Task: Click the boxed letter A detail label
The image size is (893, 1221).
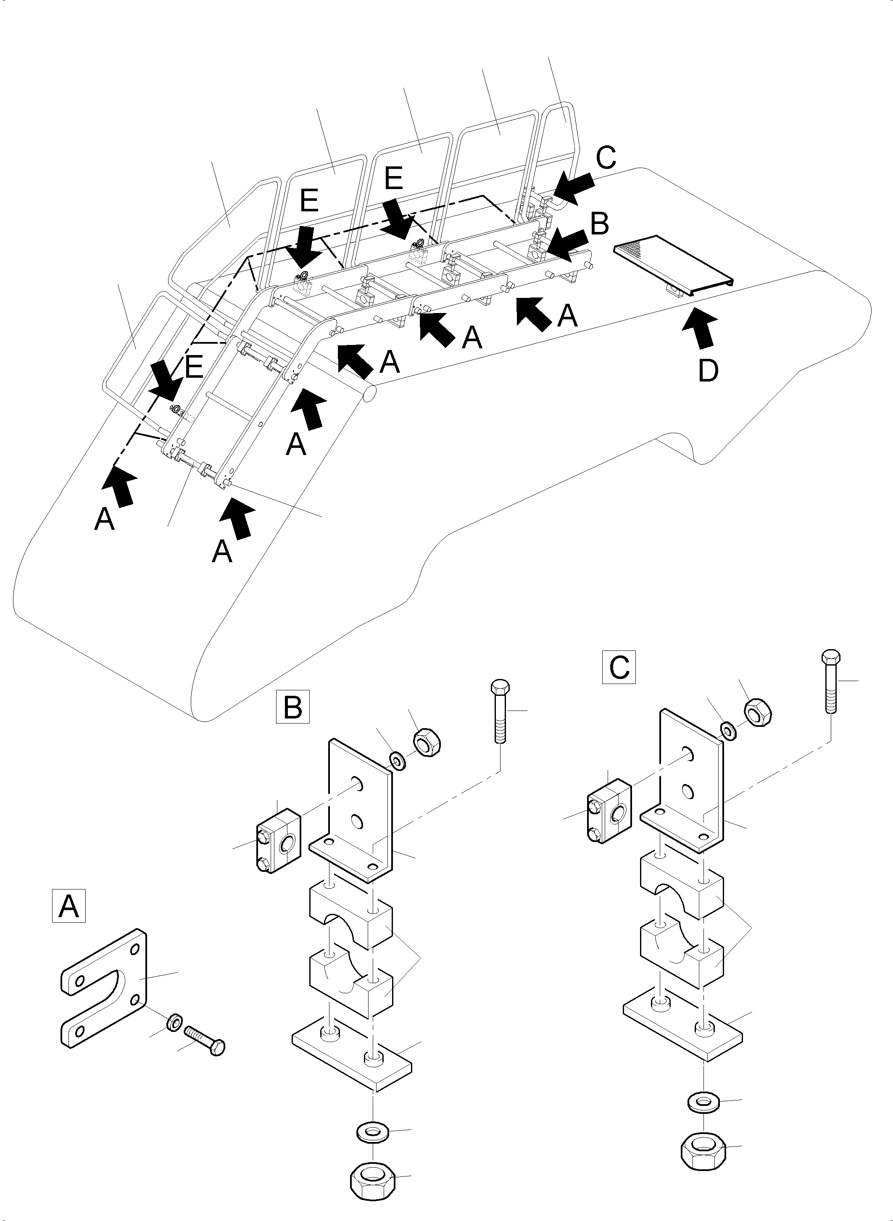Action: [x=68, y=906]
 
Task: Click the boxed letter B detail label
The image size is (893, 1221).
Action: [x=292, y=706]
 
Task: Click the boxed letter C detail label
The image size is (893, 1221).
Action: [x=619, y=668]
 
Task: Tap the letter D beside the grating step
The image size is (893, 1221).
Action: [x=708, y=371]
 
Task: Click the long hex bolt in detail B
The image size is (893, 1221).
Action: [x=498, y=713]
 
